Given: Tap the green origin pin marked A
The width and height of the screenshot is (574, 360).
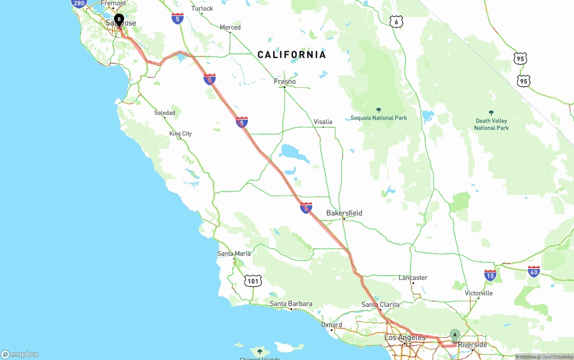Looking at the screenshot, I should pyautogui.click(x=455, y=335).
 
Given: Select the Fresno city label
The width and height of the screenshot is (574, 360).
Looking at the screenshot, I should pyautogui.click(x=285, y=82).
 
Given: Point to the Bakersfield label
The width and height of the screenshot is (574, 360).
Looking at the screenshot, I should pyautogui.click(x=344, y=213).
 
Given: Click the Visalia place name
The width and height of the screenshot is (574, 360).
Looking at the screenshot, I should pyautogui.click(x=323, y=121).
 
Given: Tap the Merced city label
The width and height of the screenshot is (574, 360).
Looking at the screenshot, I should pyautogui.click(x=230, y=27).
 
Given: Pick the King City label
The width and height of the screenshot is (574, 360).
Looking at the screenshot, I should pyautogui.click(x=180, y=134).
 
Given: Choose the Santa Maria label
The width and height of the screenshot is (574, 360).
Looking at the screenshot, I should pyautogui.click(x=234, y=253).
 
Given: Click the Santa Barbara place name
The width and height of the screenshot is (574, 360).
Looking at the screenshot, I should pyautogui.click(x=291, y=304).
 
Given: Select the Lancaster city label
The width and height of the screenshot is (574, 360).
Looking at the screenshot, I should pyautogui.click(x=413, y=278).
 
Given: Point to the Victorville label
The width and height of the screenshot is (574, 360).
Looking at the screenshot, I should pyautogui.click(x=478, y=293).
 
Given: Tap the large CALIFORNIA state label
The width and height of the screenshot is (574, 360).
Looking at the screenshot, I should pyautogui.click(x=291, y=55).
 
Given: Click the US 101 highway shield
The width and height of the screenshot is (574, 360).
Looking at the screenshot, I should pyautogui.click(x=253, y=282).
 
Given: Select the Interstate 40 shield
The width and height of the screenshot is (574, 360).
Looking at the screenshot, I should pyautogui.click(x=534, y=271).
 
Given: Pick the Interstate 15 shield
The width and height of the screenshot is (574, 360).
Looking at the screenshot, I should pyautogui.click(x=490, y=275).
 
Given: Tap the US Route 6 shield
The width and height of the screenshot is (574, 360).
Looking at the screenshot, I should pyautogui.click(x=396, y=22).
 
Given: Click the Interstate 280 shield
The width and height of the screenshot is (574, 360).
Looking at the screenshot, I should pyautogui.click(x=79, y=4).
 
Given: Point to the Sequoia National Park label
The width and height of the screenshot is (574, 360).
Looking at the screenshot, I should pyautogui.click(x=378, y=117).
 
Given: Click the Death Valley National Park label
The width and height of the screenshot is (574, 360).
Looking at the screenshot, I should pyautogui.click(x=491, y=124).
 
